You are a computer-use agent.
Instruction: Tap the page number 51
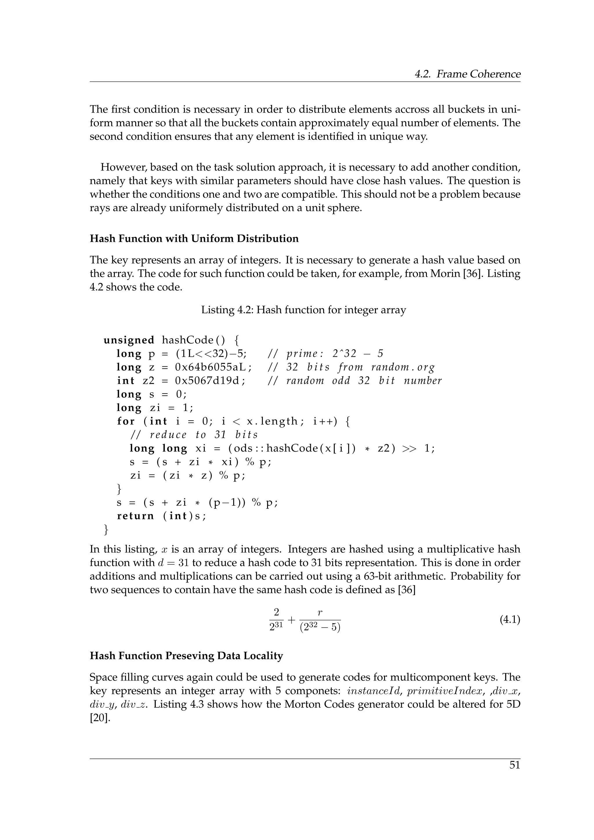(x=514, y=765)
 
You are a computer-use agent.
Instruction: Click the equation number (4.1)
(x=510, y=620)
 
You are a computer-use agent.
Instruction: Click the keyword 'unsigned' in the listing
(x=129, y=340)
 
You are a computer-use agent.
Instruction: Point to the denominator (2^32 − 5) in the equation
(x=320, y=628)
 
